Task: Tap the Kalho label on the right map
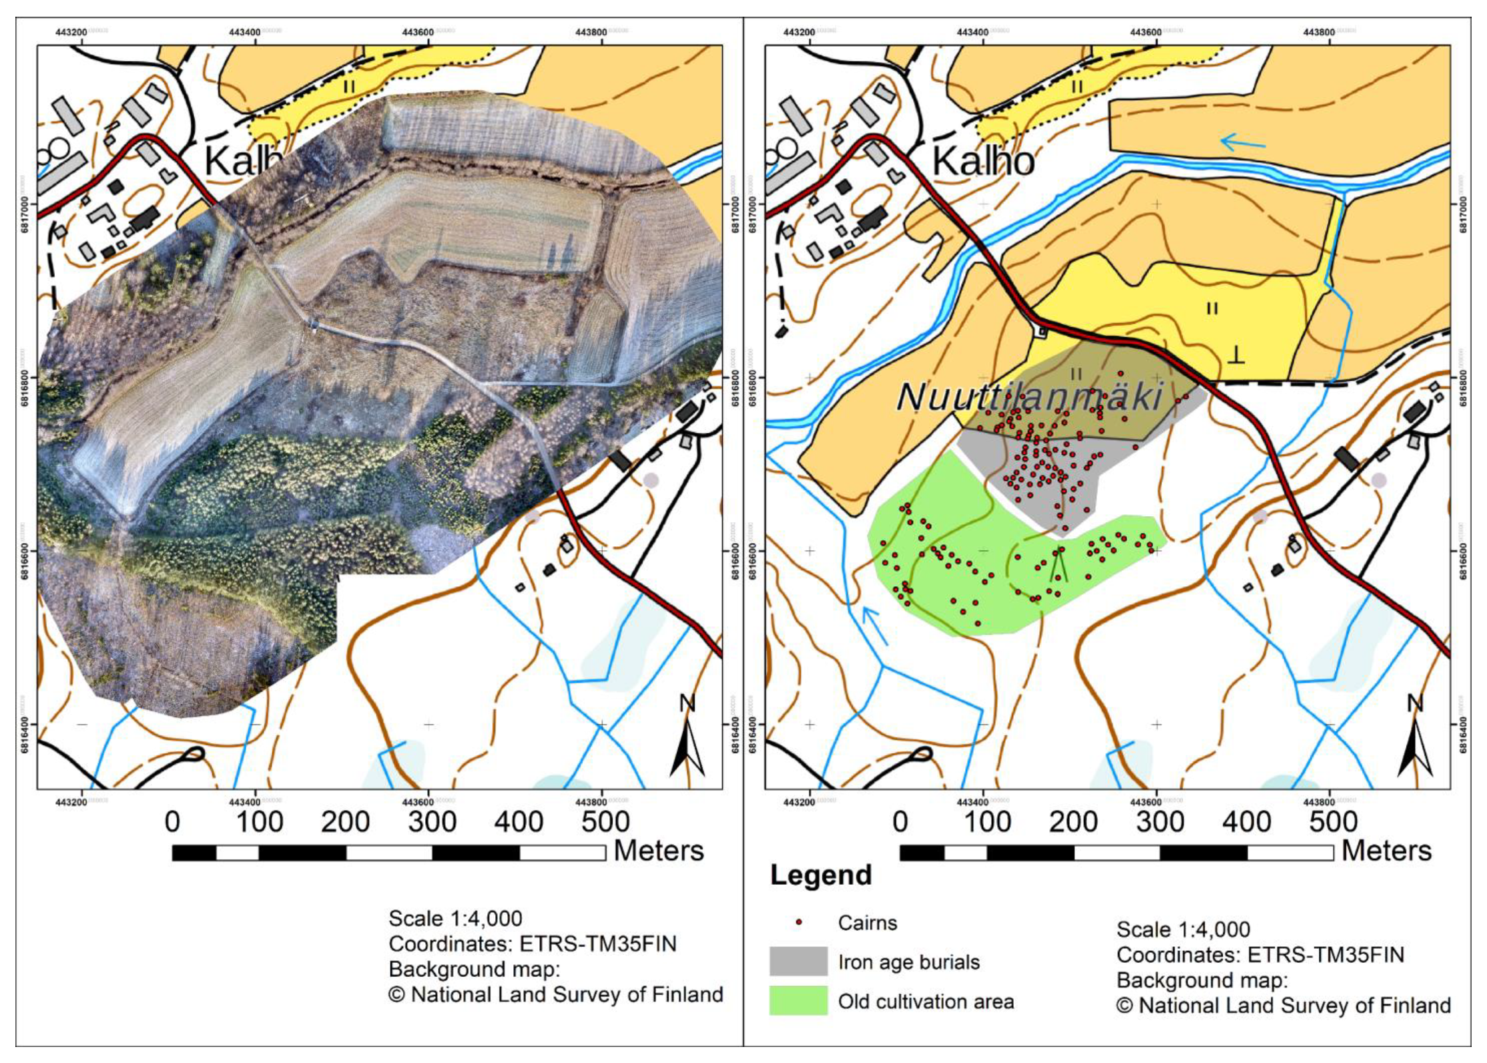pyautogui.click(x=982, y=161)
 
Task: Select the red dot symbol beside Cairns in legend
pyautogui.click(x=799, y=922)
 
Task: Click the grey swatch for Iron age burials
pyautogui.click(x=798, y=962)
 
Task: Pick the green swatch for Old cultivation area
pyautogui.click(x=798, y=1001)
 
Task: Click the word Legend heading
pyautogui.click(x=821, y=875)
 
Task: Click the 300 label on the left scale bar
pyautogui.click(x=432, y=822)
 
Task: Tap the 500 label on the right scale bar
pyautogui.click(x=1333, y=822)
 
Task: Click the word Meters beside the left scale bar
pyautogui.click(x=659, y=851)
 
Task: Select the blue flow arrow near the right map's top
pyautogui.click(x=1242, y=142)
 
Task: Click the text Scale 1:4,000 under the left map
pyautogui.click(x=455, y=919)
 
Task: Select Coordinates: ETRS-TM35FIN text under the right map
pyautogui.click(x=1260, y=955)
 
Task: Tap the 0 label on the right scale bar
pyautogui.click(x=900, y=822)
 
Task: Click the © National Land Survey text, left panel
pyautogui.click(x=555, y=995)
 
